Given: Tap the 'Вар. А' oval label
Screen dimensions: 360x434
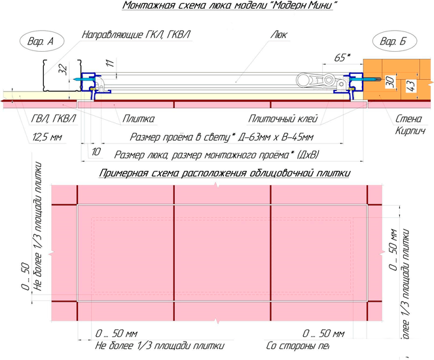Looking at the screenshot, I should [40, 42].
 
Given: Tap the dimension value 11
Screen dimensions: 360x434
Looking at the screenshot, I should [109, 63].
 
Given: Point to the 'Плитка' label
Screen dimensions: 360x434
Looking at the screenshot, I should [138, 119].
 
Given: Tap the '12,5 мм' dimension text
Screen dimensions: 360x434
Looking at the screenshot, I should [46, 137].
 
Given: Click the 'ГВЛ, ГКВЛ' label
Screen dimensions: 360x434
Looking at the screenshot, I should [53, 119].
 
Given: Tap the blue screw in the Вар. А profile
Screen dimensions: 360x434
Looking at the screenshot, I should [86, 79].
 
